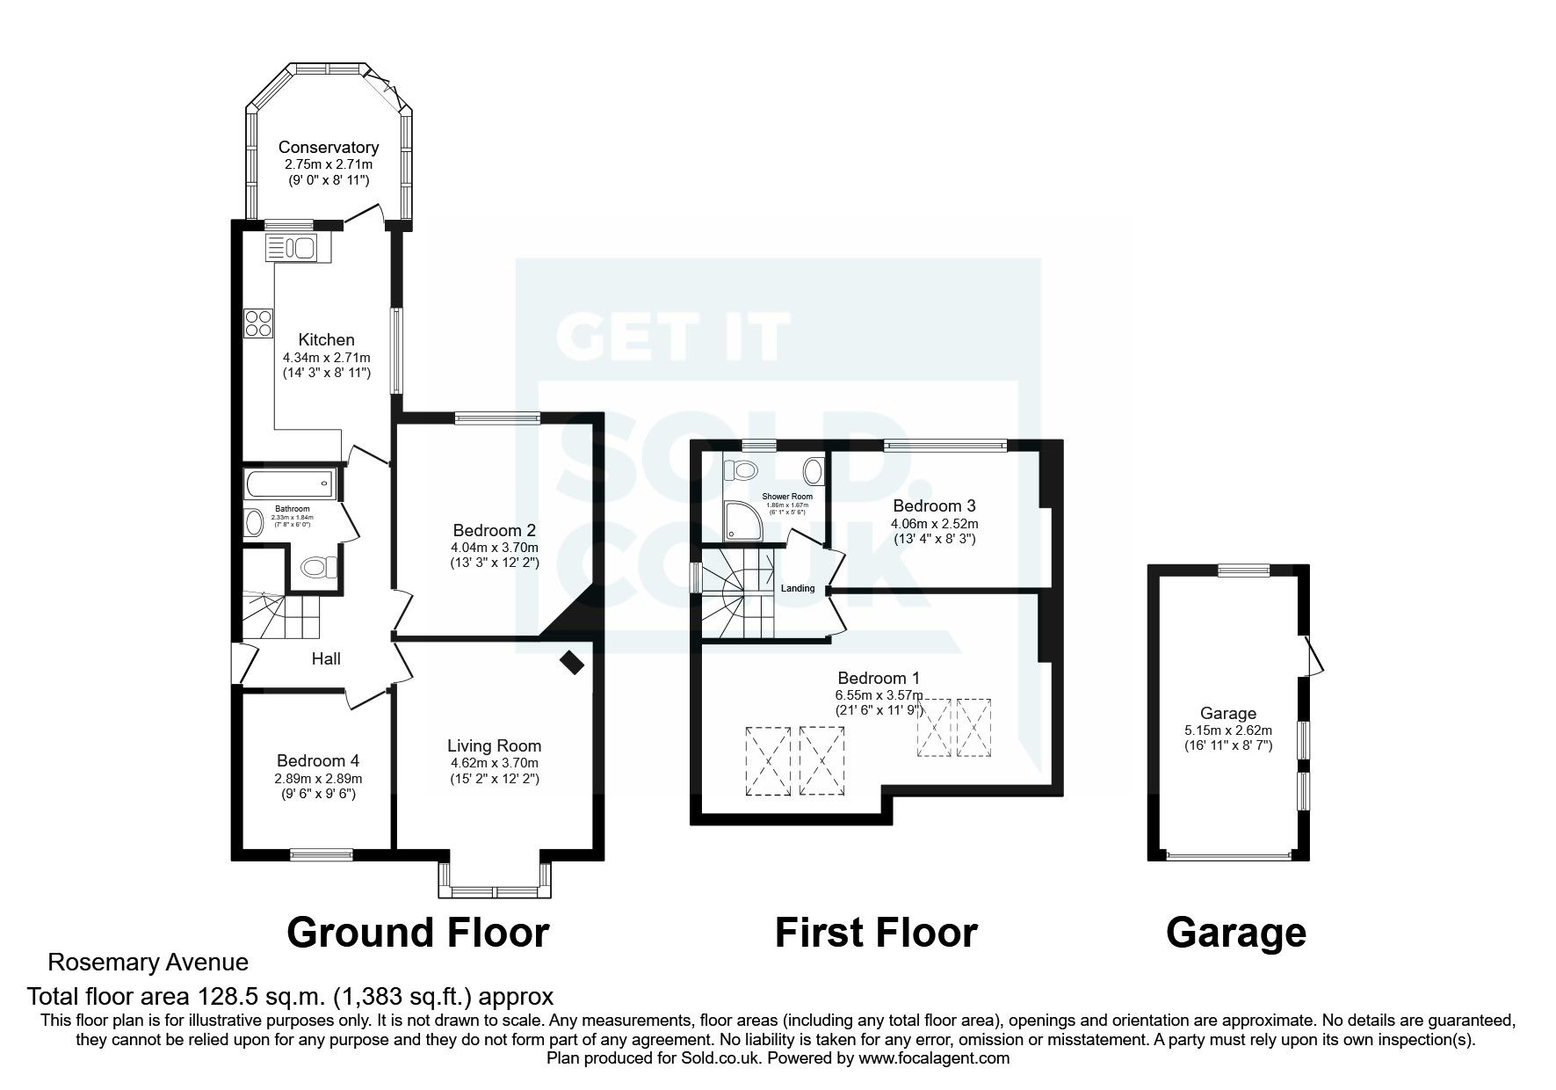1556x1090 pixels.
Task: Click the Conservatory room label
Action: click(328, 148)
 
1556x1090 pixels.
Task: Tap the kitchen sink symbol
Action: click(296, 248)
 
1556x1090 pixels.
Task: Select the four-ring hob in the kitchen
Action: click(258, 323)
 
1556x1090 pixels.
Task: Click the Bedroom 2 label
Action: click(494, 531)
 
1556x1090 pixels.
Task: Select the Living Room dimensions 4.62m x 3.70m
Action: click(494, 763)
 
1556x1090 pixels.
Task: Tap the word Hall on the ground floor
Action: click(326, 658)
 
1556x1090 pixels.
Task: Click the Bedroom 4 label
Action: click(317, 761)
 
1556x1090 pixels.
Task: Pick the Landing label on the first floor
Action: click(798, 589)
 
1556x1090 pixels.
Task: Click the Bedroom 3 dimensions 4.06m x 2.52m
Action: click(934, 523)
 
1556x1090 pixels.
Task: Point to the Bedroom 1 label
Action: click(878, 678)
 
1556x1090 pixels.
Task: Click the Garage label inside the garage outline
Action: click(1227, 714)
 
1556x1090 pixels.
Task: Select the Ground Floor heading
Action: click(417, 933)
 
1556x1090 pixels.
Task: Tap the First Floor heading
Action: click(875, 933)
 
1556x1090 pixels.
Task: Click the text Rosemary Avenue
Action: click(148, 963)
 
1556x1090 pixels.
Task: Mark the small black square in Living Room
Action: click(572, 662)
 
